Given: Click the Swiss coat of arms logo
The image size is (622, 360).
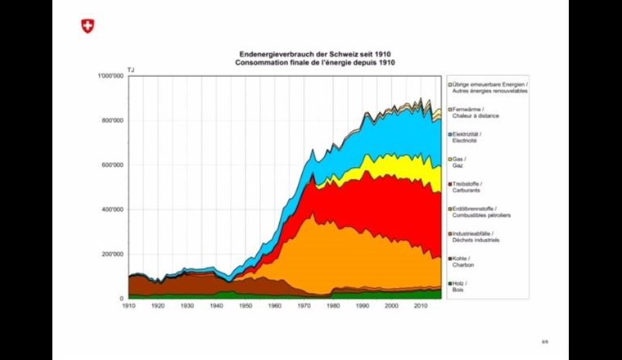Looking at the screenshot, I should [88, 26].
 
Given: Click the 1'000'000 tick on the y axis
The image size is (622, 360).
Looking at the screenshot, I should [110, 76].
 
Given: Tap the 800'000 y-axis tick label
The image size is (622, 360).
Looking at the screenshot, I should [111, 120].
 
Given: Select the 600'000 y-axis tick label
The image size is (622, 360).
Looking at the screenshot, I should [111, 165].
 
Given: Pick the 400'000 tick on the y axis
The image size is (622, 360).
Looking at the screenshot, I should [111, 209].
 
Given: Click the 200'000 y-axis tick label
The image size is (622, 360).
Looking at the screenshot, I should [111, 254].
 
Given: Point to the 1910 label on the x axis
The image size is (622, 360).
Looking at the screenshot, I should [128, 305].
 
